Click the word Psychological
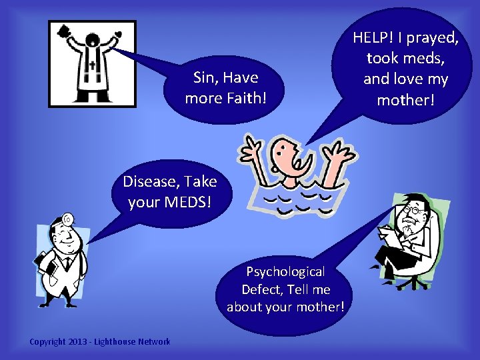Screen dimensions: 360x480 [x=285, y=271]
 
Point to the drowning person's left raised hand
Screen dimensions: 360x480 [x=253, y=148]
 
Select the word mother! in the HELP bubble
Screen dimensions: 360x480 [x=405, y=100]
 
